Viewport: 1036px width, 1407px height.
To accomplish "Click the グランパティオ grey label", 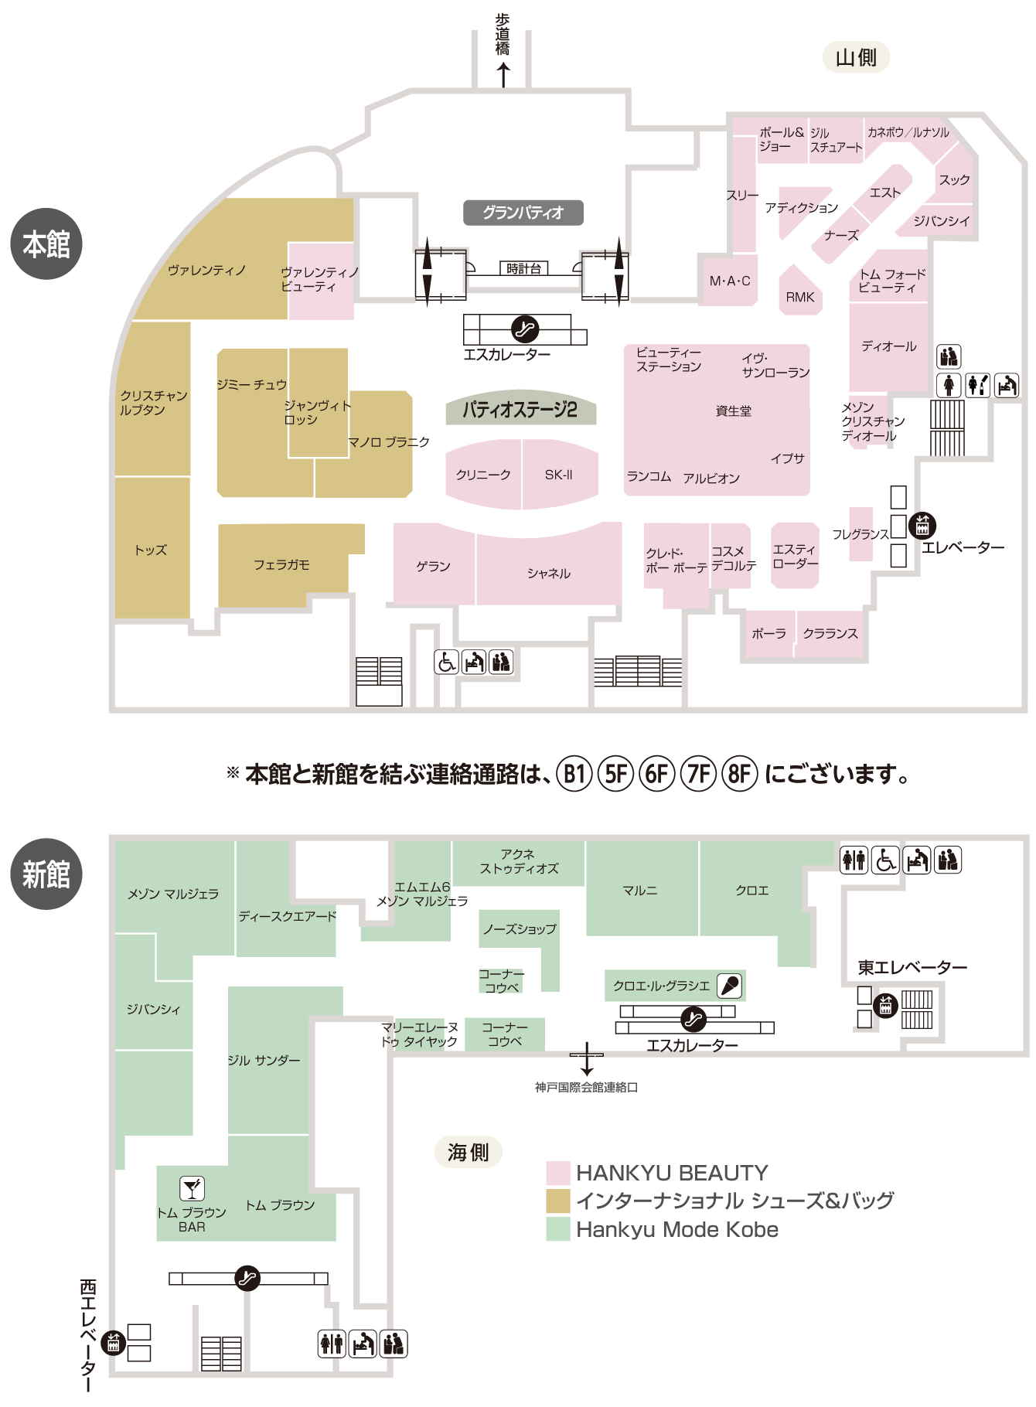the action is click(523, 213).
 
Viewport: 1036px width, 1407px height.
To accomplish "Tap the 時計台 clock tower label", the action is click(523, 268).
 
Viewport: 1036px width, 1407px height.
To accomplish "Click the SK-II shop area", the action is click(560, 475).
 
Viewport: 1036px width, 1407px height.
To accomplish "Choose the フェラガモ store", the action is click(283, 564).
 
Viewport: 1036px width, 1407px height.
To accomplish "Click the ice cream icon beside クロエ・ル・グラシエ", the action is click(730, 986).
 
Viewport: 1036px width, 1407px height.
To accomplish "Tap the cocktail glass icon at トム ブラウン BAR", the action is click(192, 1188).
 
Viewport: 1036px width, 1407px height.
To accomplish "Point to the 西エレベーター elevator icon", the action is click(114, 1343).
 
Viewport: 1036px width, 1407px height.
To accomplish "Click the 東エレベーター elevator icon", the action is click(885, 1005).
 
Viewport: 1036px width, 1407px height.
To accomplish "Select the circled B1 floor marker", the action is click(574, 773).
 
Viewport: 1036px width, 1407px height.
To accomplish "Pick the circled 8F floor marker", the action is click(739, 773).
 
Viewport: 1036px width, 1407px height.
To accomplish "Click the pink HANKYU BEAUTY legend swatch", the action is click(558, 1173).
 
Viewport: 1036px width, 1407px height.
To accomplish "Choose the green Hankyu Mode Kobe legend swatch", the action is click(558, 1229).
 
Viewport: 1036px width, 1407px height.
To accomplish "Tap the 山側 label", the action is click(856, 57).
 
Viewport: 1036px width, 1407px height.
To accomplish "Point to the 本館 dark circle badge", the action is click(46, 244).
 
